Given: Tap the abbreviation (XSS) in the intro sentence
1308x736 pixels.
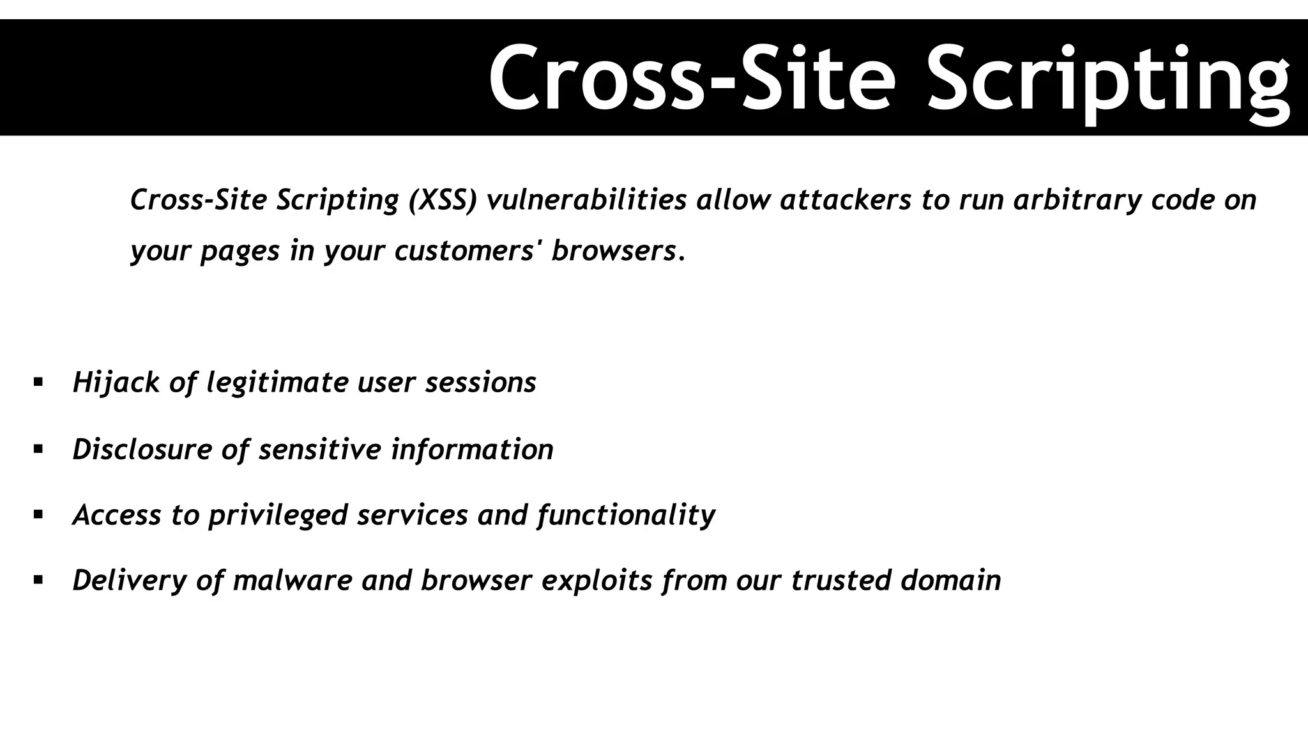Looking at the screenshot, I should tap(443, 200).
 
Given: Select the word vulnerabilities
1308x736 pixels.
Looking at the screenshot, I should tap(586, 200).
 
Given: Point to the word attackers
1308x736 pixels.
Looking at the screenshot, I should tap(846, 200).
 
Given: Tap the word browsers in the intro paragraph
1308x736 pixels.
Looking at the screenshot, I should tap(614, 250).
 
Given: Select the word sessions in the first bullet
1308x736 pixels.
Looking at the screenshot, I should tap(481, 383).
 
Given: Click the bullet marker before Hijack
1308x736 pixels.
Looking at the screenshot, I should tap(38, 383).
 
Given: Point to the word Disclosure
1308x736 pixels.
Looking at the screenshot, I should tap(142, 449).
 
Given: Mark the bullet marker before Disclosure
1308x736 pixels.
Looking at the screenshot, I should tap(38, 449).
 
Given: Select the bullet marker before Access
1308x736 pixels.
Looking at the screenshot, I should tap(38, 514).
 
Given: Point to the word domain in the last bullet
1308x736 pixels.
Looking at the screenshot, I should tap(951, 581).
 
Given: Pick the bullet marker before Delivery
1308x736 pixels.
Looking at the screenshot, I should tap(38, 581).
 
